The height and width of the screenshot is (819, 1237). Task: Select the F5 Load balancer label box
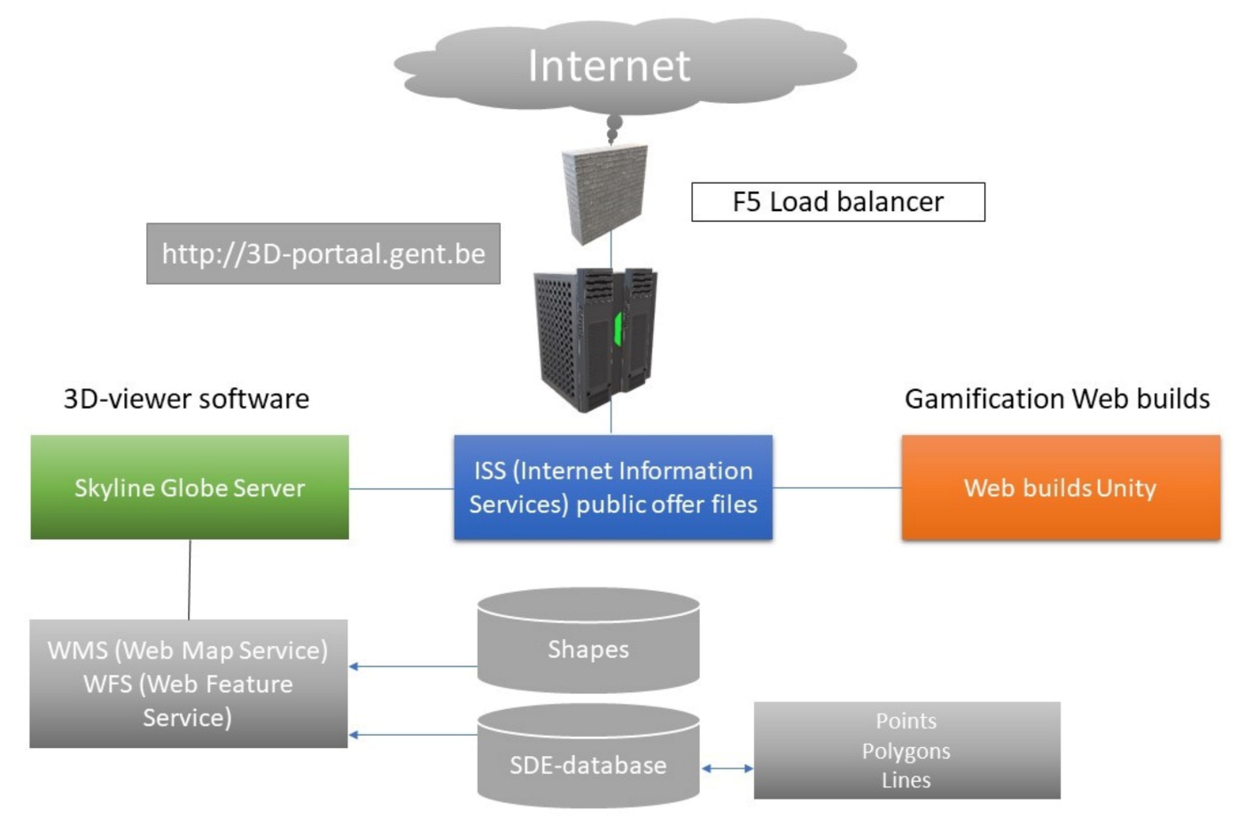click(x=837, y=202)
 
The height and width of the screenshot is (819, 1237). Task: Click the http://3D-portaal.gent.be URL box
click(x=323, y=254)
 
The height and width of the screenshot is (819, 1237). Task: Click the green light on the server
click(x=618, y=328)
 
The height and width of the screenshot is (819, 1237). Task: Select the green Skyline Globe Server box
click(x=190, y=487)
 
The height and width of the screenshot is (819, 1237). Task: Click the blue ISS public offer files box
click(x=613, y=487)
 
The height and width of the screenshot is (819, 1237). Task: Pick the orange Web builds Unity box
click(x=1061, y=487)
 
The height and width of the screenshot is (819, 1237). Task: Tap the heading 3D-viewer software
click(x=186, y=399)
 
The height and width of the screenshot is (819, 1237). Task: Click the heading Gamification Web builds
click(x=1057, y=399)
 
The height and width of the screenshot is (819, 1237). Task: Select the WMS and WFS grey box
click(x=188, y=683)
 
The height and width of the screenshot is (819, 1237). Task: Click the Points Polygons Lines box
click(x=906, y=751)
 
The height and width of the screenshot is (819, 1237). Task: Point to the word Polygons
click(x=906, y=752)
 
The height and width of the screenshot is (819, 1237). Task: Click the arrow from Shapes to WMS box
click(x=413, y=667)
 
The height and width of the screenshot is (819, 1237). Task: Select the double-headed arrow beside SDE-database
click(x=727, y=768)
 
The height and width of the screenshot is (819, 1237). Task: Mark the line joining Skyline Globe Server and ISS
click(x=401, y=488)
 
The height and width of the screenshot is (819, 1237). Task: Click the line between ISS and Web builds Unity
click(x=837, y=487)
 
